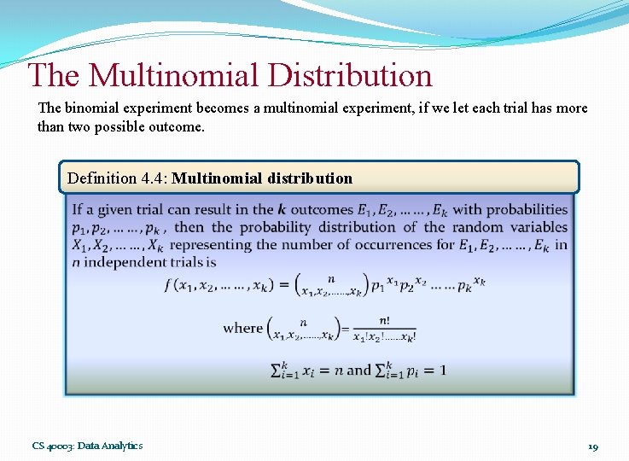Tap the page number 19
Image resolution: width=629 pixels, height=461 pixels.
[593, 446]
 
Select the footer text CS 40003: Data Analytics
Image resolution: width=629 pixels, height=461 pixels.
[88, 446]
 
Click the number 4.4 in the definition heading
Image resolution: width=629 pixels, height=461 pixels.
[151, 178]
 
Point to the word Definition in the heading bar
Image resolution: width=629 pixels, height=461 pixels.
[101, 178]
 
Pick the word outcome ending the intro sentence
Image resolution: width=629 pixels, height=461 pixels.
[177, 127]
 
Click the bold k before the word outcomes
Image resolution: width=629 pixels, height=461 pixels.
[282, 209]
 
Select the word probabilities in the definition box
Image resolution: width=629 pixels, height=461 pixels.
[527, 209]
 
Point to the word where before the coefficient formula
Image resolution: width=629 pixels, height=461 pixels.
[242, 328]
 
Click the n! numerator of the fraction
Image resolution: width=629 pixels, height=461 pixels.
[385, 320]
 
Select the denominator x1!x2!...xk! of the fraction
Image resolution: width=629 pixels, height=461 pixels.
[384, 336]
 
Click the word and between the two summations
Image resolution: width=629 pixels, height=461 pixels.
[358, 371]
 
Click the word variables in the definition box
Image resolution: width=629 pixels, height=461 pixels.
[537, 227]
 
